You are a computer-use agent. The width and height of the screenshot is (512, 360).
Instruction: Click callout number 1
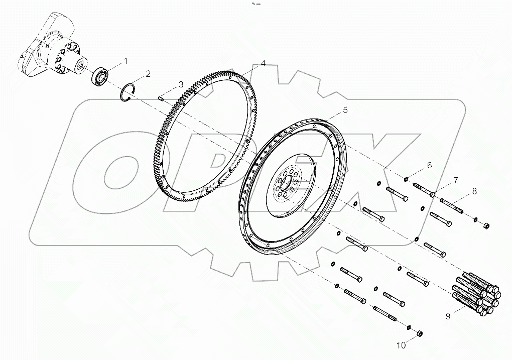tap(125, 61)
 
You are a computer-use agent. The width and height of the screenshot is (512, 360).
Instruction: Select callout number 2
tap(148, 74)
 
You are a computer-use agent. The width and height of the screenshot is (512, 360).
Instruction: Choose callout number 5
tap(345, 109)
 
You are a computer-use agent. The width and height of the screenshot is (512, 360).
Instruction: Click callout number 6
tap(429, 165)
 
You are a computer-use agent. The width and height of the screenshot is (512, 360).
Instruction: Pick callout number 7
tap(455, 180)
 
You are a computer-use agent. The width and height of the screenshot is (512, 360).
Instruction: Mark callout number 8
tap(473, 191)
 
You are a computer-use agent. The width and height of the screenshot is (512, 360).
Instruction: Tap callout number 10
tap(401, 345)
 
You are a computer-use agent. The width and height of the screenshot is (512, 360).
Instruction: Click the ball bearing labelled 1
tap(100, 76)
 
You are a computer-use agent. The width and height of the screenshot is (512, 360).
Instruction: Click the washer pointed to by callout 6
tap(405, 178)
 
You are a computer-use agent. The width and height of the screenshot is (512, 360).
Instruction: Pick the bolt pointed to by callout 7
tap(424, 190)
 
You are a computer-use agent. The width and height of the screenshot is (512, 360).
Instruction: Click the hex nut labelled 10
tap(421, 334)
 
